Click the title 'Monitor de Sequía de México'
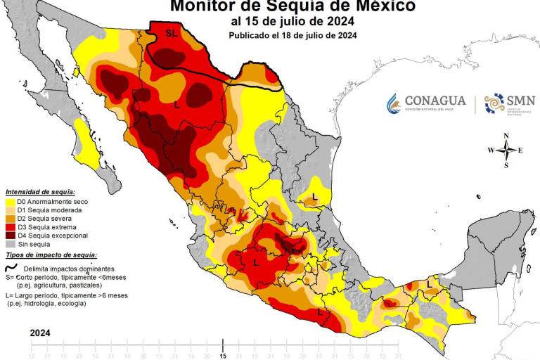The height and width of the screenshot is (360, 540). (292, 6)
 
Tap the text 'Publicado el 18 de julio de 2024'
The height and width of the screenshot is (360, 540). (292, 35)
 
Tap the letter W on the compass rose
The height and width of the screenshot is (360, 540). (491, 150)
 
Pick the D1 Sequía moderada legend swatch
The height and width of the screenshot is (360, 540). (9, 210)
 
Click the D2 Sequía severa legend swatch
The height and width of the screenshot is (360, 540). (9, 218)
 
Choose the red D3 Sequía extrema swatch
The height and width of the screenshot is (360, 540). (9, 226)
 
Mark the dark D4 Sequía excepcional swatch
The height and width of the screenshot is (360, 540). (9, 235)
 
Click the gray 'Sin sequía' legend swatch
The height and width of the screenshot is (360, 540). (9, 243)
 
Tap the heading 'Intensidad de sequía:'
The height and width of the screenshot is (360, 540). (40, 191)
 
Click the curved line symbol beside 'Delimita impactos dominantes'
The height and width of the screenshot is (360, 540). (11, 267)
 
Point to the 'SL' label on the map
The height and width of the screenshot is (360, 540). (172, 33)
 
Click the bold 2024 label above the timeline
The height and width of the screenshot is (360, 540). (40, 333)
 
